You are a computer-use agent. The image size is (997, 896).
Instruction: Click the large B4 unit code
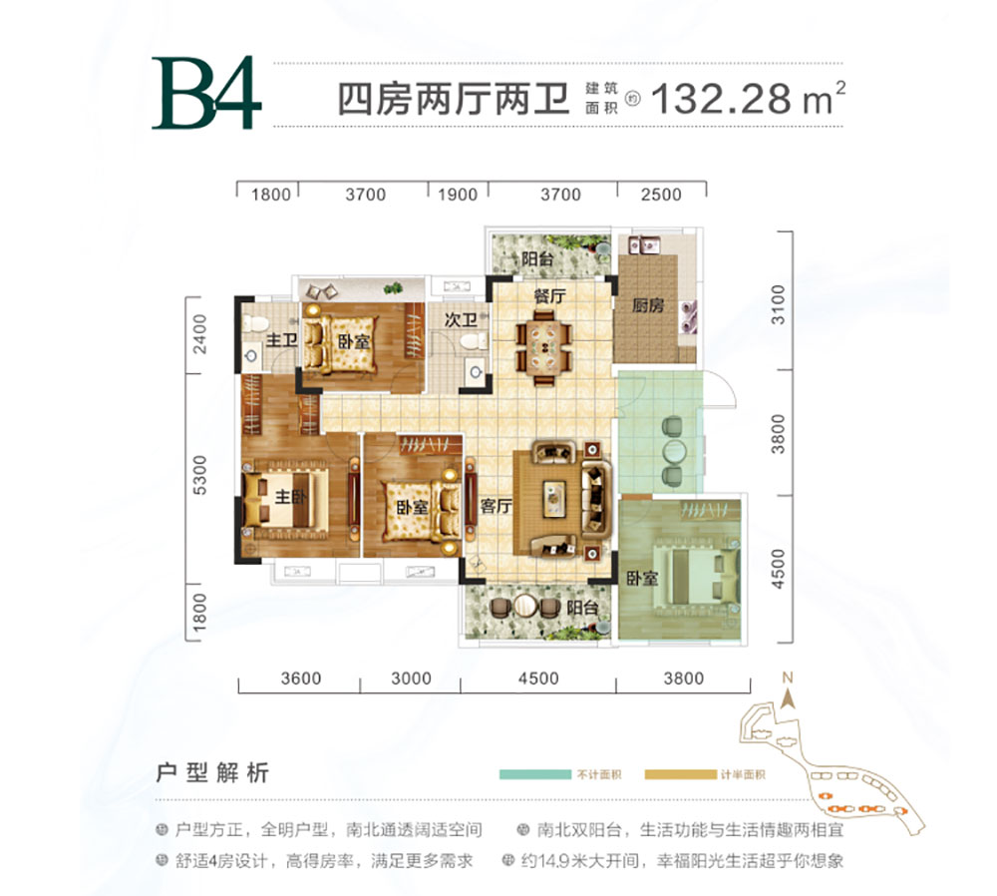click(206, 96)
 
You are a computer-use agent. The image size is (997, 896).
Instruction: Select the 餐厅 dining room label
click(549, 296)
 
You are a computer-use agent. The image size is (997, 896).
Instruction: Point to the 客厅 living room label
click(496, 506)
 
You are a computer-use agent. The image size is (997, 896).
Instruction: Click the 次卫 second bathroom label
click(461, 321)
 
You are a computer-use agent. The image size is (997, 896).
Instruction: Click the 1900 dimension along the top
click(458, 195)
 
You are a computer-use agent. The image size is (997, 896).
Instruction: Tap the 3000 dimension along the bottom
click(411, 678)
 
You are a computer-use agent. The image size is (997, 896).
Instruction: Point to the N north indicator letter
click(787, 681)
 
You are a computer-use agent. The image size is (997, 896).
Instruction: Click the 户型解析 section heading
click(212, 773)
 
